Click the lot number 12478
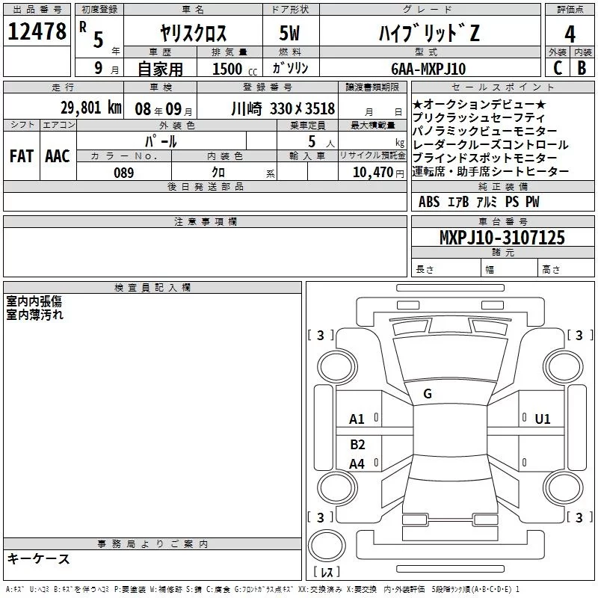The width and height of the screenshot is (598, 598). pos(37,31)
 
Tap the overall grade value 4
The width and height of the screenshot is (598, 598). pos(570,34)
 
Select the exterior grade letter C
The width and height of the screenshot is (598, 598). pos(558,68)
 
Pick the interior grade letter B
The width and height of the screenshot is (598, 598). pos(582,68)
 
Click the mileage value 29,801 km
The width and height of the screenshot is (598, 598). pos(90,108)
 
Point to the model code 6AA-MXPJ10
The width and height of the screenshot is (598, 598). pos(428,69)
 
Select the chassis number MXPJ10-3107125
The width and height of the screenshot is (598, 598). pos(502,237)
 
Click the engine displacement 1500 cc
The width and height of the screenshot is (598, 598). pos(235,69)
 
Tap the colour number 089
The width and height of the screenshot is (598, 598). pos(124,173)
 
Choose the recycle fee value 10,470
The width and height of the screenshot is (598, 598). pos(373,173)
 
